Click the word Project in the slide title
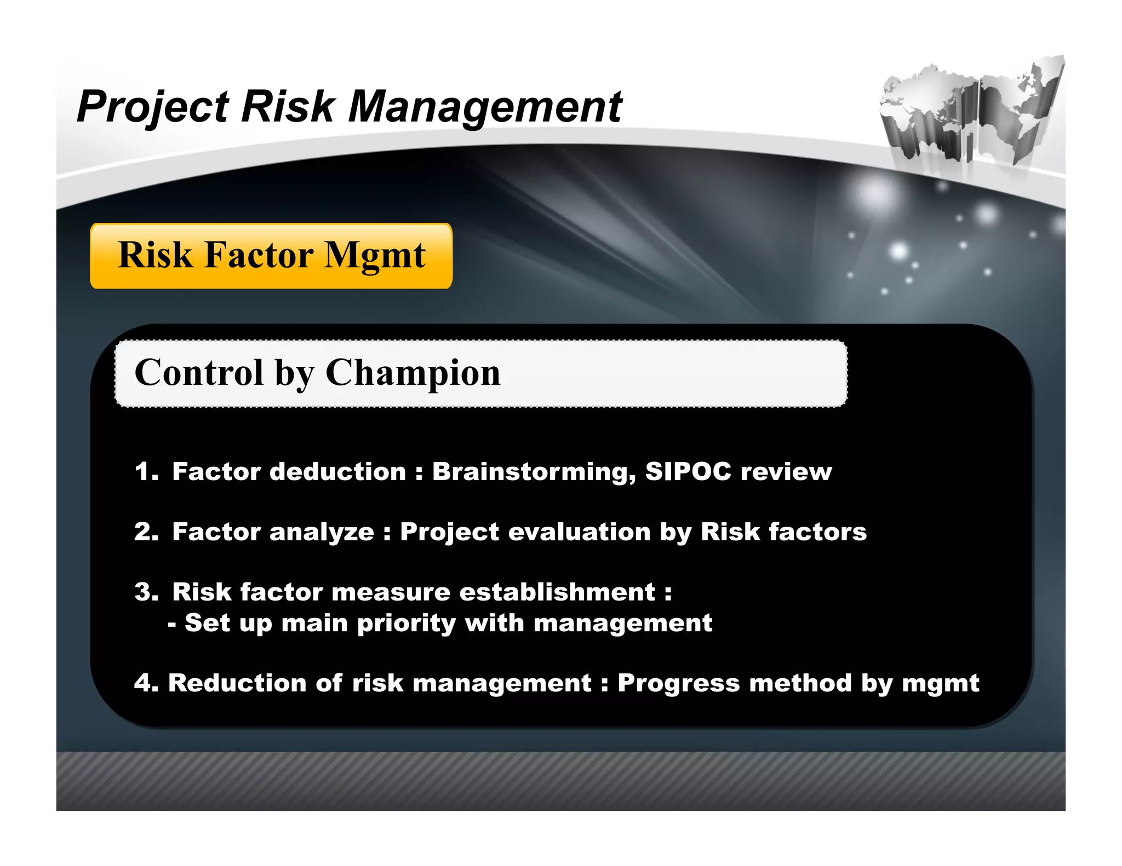coord(153,107)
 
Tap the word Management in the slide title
coord(485,107)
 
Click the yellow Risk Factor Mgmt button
coord(271,256)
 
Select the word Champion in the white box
coord(413,373)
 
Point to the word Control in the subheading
coord(199,373)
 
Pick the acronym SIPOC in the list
coord(688,471)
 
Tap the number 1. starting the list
coord(146,472)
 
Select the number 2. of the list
coord(146,532)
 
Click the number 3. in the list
coord(146,592)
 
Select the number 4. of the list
coord(146,683)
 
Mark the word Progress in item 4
coord(679,684)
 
